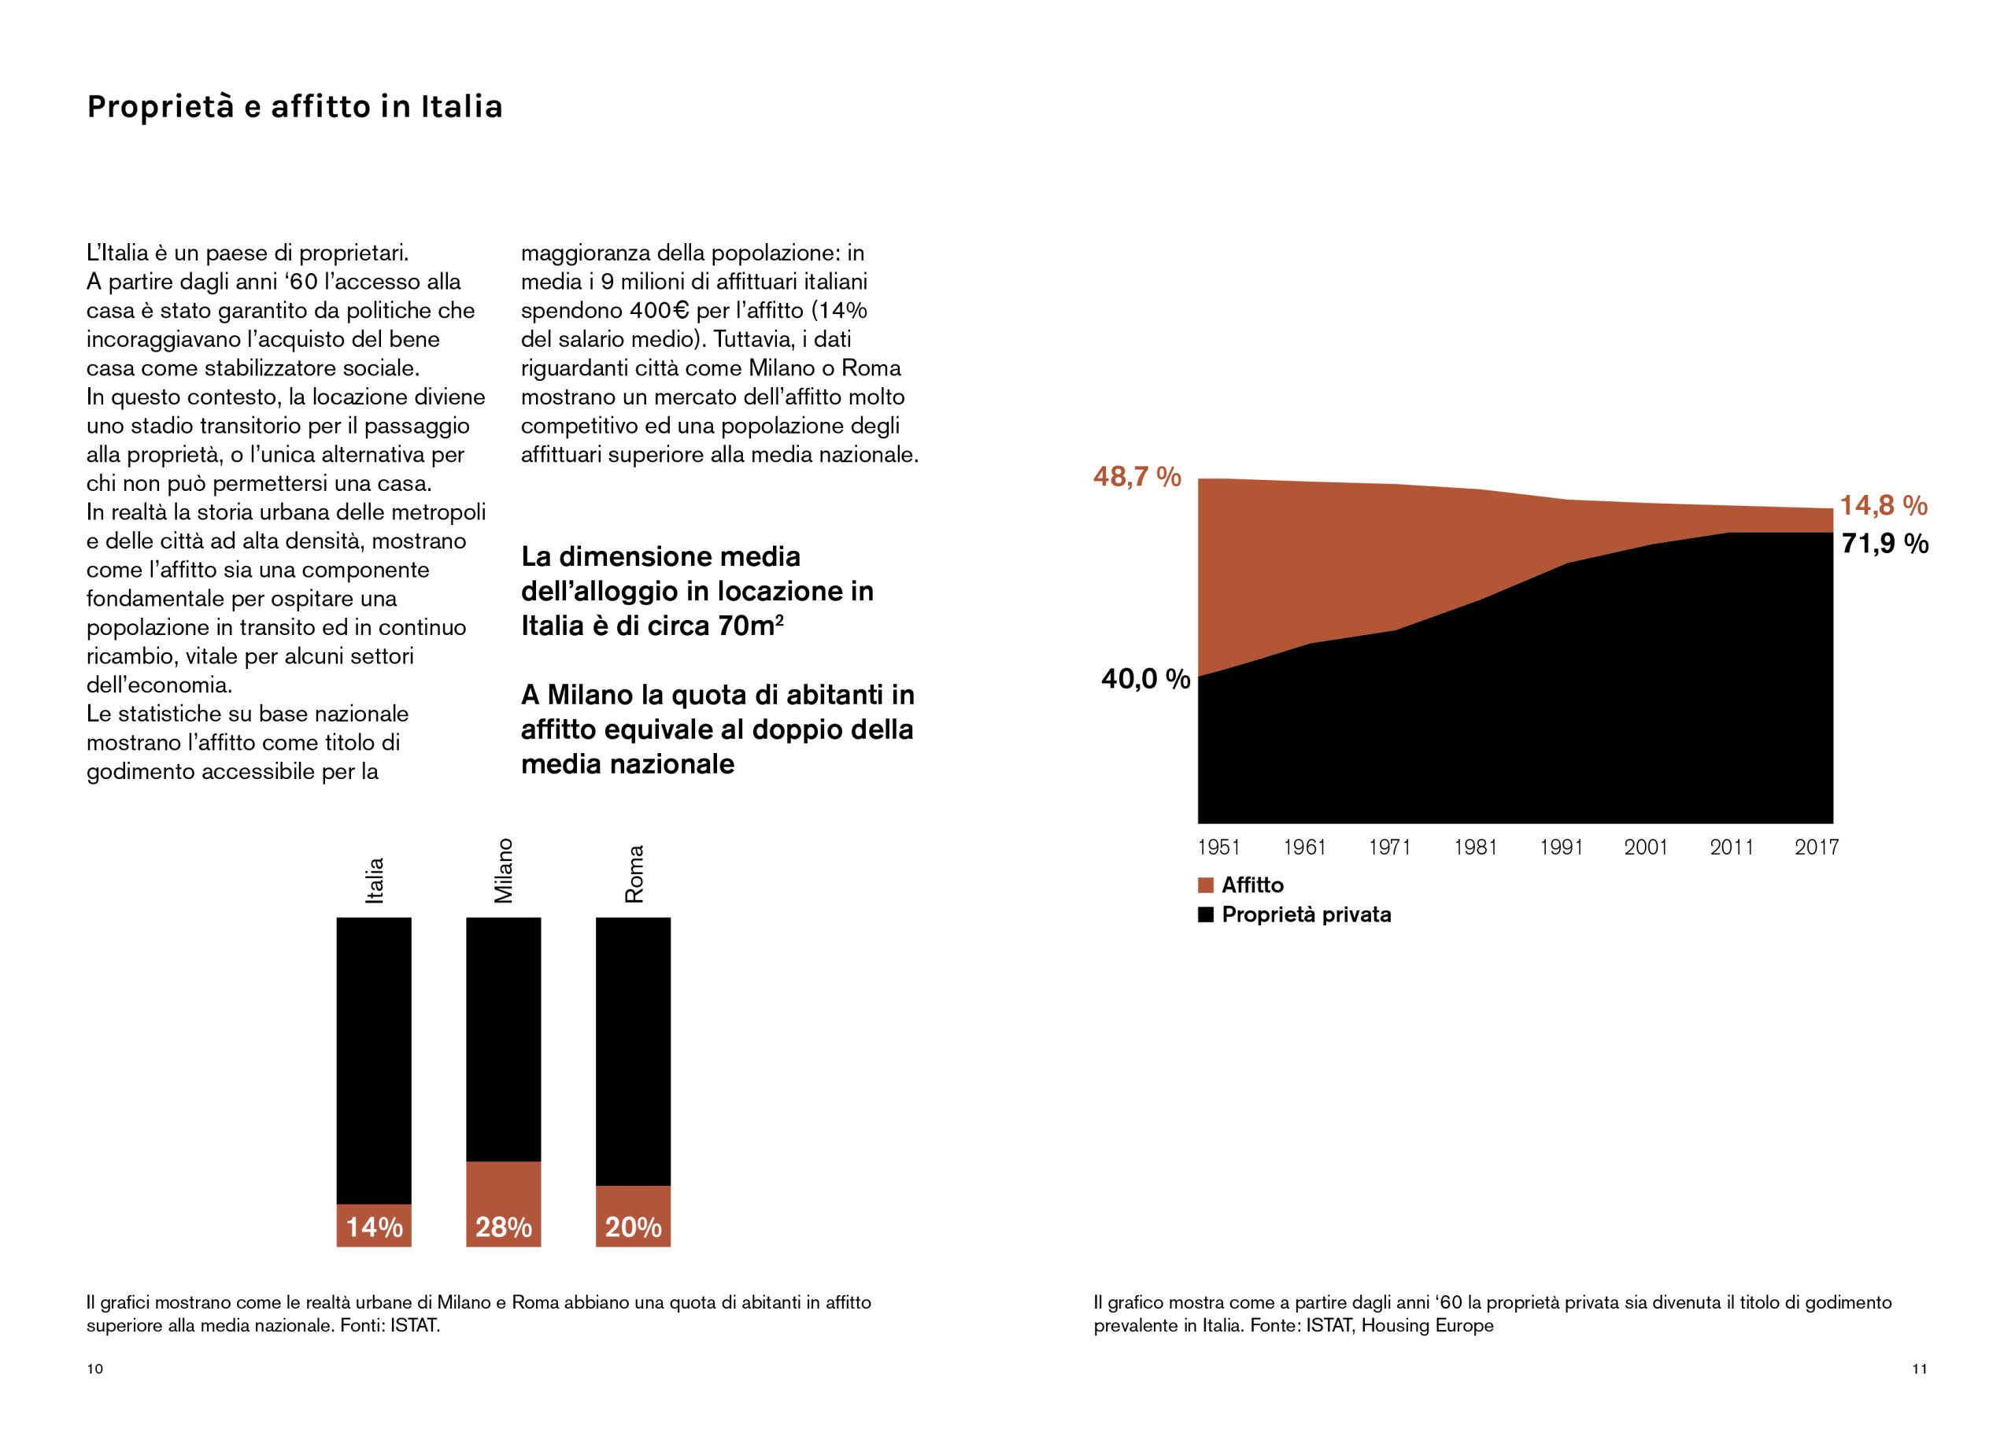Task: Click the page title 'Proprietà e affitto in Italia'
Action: pyautogui.click(x=294, y=106)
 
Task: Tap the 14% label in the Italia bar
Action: pyautogui.click(x=374, y=1227)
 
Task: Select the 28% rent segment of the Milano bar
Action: pyautogui.click(x=503, y=1204)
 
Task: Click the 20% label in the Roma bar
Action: pyautogui.click(x=633, y=1227)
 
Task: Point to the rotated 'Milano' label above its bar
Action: pyautogui.click(x=503, y=870)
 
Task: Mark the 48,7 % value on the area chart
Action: pyautogui.click(x=1136, y=477)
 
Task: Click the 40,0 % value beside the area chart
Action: pyautogui.click(x=1144, y=679)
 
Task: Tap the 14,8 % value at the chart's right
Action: pyautogui.click(x=1884, y=506)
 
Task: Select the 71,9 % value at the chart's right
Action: pyautogui.click(x=1885, y=544)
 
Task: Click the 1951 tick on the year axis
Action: pyautogui.click(x=1218, y=847)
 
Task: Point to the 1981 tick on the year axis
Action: pyautogui.click(x=1476, y=847)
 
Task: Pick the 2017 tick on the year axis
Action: pyautogui.click(x=1816, y=847)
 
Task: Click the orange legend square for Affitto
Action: pyautogui.click(x=1206, y=885)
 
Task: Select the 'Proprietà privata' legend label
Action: pyautogui.click(x=1306, y=915)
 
